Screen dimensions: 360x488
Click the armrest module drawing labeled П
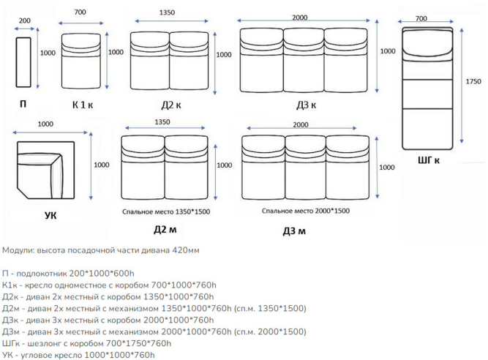[24, 62]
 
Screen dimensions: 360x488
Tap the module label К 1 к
[82, 105]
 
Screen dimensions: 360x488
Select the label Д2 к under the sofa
[171, 105]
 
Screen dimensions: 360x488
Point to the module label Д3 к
[306, 105]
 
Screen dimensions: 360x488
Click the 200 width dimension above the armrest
[24, 20]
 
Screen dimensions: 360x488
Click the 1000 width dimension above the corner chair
[45, 123]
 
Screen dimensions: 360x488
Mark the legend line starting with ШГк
[87, 343]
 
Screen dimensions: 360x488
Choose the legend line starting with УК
[79, 355]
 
